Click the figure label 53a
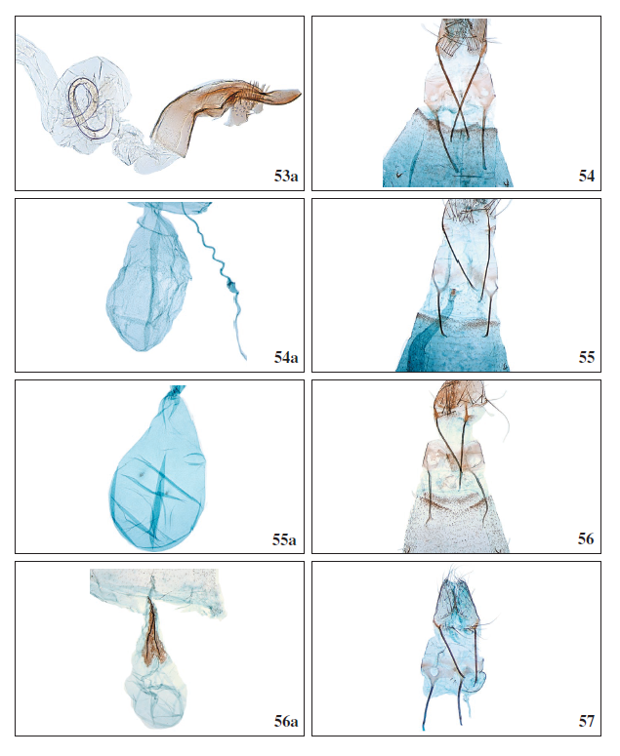tap(286, 176)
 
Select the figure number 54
tap(587, 176)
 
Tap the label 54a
tap(286, 358)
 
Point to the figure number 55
tap(587, 357)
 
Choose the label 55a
tap(285, 539)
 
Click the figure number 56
tap(586, 538)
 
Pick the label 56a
tap(286, 721)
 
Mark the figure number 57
tap(587, 721)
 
